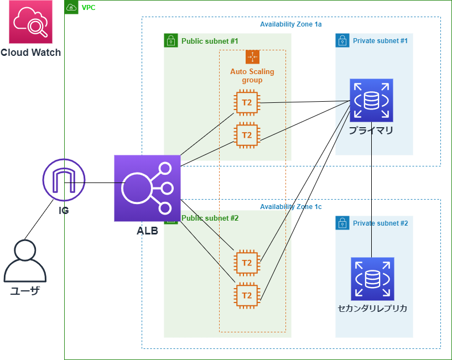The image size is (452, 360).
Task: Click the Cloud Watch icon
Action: (x=30, y=22)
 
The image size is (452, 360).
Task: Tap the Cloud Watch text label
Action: (x=30, y=53)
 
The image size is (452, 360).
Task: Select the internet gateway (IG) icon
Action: (x=64, y=180)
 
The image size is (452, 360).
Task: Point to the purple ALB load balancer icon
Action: (x=147, y=188)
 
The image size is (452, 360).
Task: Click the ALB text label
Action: (x=147, y=231)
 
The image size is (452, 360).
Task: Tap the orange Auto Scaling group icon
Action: (x=252, y=57)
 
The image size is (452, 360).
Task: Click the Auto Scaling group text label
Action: (x=252, y=76)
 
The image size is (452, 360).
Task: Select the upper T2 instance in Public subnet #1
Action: (x=247, y=102)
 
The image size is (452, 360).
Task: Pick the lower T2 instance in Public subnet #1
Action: (x=247, y=135)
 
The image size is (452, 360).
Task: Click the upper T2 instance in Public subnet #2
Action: (x=247, y=263)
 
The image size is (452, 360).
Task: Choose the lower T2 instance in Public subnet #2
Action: (x=247, y=295)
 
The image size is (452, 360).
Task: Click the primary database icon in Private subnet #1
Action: (x=371, y=100)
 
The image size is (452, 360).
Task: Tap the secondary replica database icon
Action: (x=372, y=279)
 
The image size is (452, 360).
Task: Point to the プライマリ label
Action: (x=371, y=131)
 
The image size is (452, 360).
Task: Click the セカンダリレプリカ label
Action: (x=372, y=309)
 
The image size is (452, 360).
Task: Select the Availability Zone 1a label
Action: (x=291, y=24)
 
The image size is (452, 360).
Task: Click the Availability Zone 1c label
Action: (x=291, y=206)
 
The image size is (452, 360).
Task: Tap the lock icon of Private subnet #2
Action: (x=342, y=223)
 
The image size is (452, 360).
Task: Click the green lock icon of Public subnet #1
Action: (x=171, y=40)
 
